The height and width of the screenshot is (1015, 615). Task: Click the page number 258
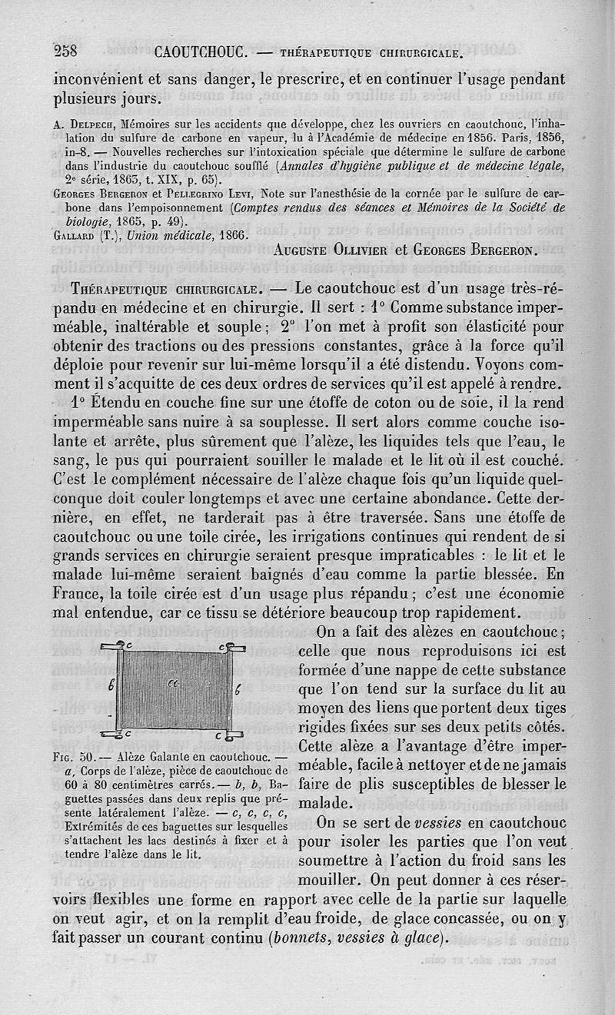click(68, 52)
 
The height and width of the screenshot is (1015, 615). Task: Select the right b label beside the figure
click(238, 688)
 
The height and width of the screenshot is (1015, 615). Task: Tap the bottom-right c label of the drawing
click(218, 735)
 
